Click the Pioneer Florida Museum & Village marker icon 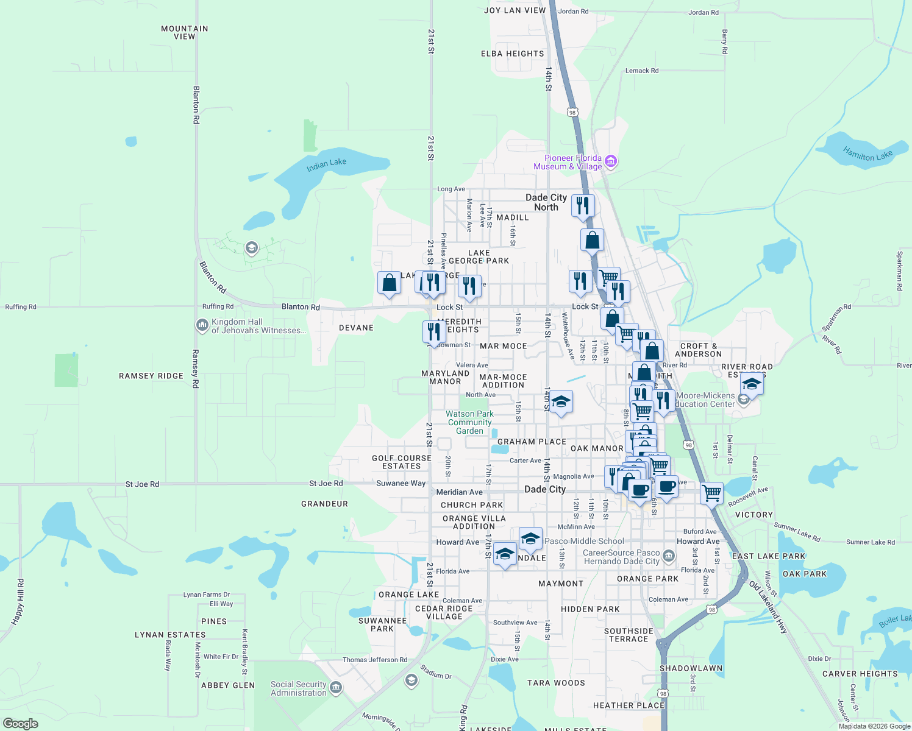(611, 162)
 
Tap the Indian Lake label (326, 164)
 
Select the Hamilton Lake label (867, 154)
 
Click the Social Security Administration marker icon (336, 688)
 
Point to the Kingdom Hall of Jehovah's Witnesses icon (202, 326)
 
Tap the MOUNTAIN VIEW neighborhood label (184, 32)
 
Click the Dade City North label (546, 202)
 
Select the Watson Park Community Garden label (469, 422)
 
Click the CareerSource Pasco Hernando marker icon (669, 556)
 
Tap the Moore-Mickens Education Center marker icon (743, 400)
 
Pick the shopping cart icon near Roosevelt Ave (711, 493)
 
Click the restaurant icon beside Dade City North (583, 205)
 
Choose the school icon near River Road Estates (752, 386)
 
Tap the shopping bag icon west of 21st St (389, 283)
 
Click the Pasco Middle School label (584, 541)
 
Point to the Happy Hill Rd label (17, 602)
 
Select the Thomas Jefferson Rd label (374, 660)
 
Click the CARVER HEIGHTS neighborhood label (860, 674)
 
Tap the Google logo (20, 724)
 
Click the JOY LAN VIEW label (515, 10)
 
